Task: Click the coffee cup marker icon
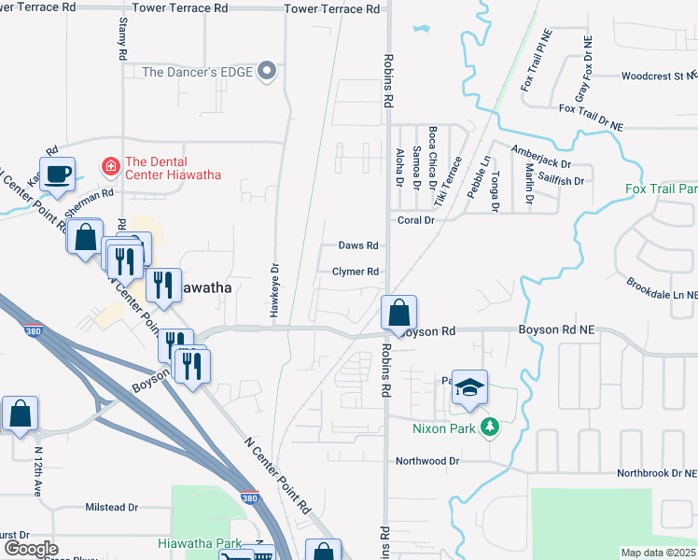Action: click(x=59, y=174)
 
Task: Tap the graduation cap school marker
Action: click(x=470, y=387)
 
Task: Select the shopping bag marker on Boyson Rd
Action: click(x=398, y=312)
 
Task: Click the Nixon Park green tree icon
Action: click(x=489, y=428)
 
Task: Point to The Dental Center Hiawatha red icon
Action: click(x=110, y=166)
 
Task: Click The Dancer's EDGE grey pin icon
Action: click(x=269, y=71)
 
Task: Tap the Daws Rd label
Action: click(x=357, y=245)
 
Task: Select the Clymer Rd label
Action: click(x=356, y=272)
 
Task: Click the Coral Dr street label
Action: click(x=416, y=220)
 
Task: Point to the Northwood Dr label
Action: click(x=427, y=461)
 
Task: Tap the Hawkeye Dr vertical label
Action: click(x=275, y=290)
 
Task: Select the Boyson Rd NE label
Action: click(x=555, y=330)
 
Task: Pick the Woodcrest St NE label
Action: click(x=658, y=76)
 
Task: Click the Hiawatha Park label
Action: click(x=202, y=542)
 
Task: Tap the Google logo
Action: click(x=30, y=549)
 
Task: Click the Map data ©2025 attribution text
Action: click(x=659, y=553)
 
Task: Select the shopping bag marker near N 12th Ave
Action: click(x=20, y=413)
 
